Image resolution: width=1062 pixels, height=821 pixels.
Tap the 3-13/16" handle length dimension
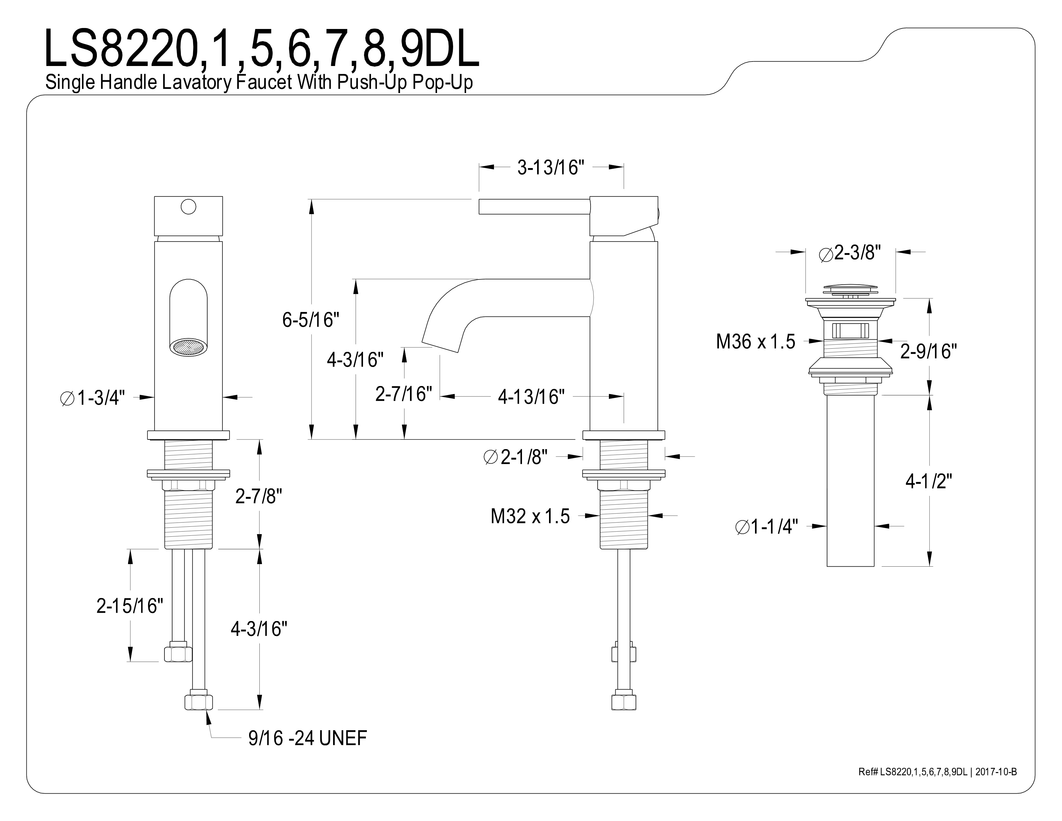[550, 168]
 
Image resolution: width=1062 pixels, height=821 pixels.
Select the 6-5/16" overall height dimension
[311, 320]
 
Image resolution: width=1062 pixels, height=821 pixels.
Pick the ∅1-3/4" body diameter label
[92, 398]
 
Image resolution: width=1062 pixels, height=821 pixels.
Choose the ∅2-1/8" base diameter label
[516, 457]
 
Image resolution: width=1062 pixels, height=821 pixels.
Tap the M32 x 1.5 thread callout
[530, 516]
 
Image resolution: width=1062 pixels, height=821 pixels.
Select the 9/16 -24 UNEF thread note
[307, 738]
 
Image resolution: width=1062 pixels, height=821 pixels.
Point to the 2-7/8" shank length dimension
[259, 496]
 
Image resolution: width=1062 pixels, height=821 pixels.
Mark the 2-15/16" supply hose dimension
[130, 606]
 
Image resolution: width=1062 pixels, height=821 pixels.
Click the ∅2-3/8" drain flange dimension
[850, 253]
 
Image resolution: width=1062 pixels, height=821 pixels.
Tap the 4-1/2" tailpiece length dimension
[929, 482]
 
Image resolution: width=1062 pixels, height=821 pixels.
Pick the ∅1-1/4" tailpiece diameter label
[767, 527]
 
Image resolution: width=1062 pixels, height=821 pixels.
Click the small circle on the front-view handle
[188, 207]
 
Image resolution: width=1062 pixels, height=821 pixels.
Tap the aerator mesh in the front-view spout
[189, 347]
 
